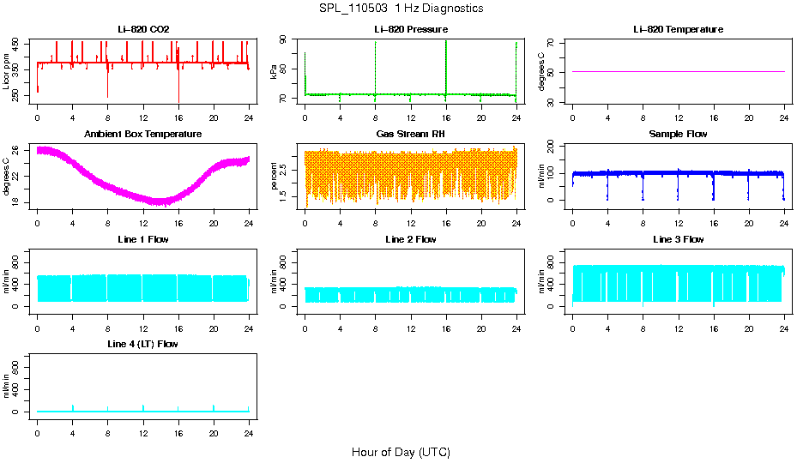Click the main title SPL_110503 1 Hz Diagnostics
click(x=401, y=8)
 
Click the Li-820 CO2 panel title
click(x=143, y=29)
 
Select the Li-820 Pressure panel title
click(x=411, y=29)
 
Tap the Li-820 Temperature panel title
click(x=678, y=29)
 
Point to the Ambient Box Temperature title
click(x=143, y=134)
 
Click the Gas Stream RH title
click(x=411, y=134)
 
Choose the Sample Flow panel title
click(x=678, y=134)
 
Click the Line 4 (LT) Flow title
click(x=143, y=344)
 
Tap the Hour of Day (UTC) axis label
click(x=401, y=452)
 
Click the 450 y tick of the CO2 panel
click(x=18, y=41)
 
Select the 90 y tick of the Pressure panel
click(x=286, y=40)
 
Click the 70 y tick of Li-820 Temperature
click(x=553, y=42)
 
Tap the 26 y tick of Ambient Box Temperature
click(x=18, y=150)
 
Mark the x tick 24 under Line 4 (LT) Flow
click(x=249, y=424)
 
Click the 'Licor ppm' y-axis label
click(x=7, y=71)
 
